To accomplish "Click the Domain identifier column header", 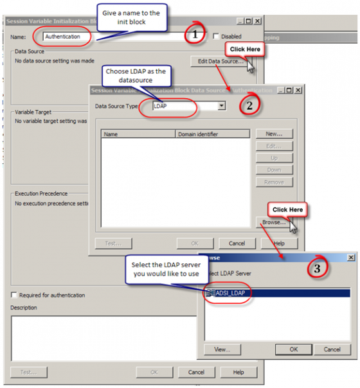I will [x=212, y=135].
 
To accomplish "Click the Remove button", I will [x=274, y=182].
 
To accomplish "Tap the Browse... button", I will [x=274, y=222].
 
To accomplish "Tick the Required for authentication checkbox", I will [x=14, y=295].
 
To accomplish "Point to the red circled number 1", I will [x=194, y=34].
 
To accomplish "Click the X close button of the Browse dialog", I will [x=350, y=257].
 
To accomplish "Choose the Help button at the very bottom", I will [x=239, y=372].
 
